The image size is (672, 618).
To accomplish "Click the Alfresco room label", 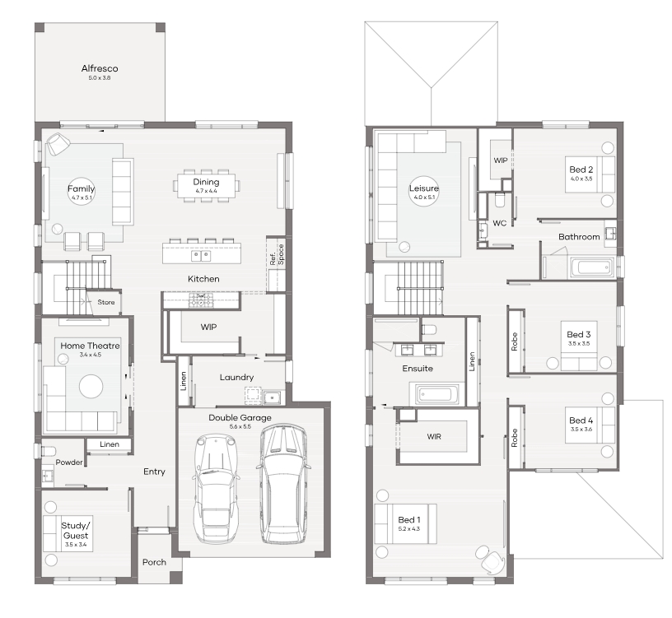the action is point(100,68).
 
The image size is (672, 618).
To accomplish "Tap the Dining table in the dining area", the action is point(206,186).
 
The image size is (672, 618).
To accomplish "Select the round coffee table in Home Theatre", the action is point(91,386).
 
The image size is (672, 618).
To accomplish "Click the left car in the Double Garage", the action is point(216,488).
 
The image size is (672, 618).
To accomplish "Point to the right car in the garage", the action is point(284,484).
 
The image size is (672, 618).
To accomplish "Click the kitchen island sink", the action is point(201,256).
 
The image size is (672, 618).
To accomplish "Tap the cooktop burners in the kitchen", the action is point(201,300).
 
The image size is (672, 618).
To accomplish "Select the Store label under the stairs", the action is point(106,302).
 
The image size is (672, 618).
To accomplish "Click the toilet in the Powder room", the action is point(49,451).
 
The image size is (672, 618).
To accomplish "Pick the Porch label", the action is point(154,562).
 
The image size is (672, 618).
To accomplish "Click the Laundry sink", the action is point(272,397).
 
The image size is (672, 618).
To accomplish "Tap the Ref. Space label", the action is point(277,255).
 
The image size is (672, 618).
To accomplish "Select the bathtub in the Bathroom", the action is point(592,268).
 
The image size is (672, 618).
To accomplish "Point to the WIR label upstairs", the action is point(434,436).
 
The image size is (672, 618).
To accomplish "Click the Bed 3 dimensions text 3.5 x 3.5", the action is point(579,343).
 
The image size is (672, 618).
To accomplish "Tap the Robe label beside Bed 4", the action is point(514,438).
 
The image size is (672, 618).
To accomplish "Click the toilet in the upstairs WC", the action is point(500,200).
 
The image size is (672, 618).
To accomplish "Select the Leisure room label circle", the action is point(424,191).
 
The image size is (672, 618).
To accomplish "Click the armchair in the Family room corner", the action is point(58,144).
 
